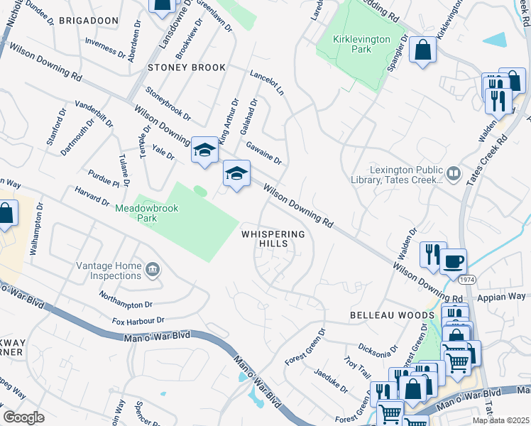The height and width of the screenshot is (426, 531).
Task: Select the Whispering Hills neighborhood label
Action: (x=273, y=239)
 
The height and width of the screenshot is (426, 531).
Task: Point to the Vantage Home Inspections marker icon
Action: (x=152, y=270)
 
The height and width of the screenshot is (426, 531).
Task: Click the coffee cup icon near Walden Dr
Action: (x=454, y=261)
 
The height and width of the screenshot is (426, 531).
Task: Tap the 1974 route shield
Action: (x=467, y=280)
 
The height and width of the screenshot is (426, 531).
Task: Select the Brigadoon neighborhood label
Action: (x=89, y=21)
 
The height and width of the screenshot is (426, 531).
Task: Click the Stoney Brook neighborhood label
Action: (x=187, y=67)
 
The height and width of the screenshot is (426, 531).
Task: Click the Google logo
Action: (x=23, y=417)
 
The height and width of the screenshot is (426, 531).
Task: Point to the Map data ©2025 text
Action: (x=500, y=420)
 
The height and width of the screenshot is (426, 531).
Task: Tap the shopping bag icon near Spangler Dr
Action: (x=423, y=50)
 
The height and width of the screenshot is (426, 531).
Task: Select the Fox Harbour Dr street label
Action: (x=138, y=321)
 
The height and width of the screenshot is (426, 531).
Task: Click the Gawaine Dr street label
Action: (x=264, y=152)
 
